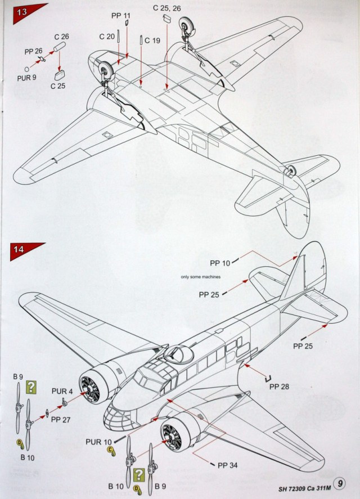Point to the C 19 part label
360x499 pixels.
pyautogui.click(x=152, y=41)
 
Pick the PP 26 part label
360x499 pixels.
pyautogui.click(x=34, y=51)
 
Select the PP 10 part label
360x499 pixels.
pyautogui.click(x=220, y=263)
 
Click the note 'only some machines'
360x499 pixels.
pyautogui.click(x=200, y=277)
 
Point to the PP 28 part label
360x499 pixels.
pyautogui.click(x=280, y=386)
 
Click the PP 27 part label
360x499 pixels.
pyautogui.click(x=61, y=419)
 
